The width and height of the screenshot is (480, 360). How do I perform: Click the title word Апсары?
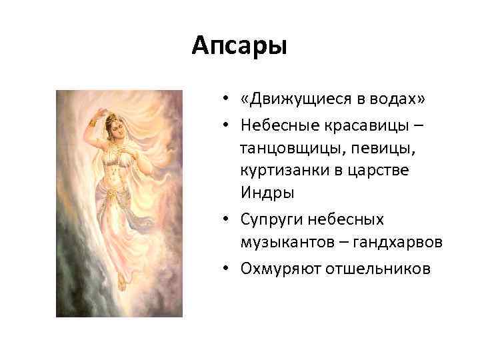[x=239, y=47]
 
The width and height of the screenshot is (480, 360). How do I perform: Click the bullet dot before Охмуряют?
[x=227, y=268]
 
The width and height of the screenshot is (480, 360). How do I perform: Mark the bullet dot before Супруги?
[x=227, y=219]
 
